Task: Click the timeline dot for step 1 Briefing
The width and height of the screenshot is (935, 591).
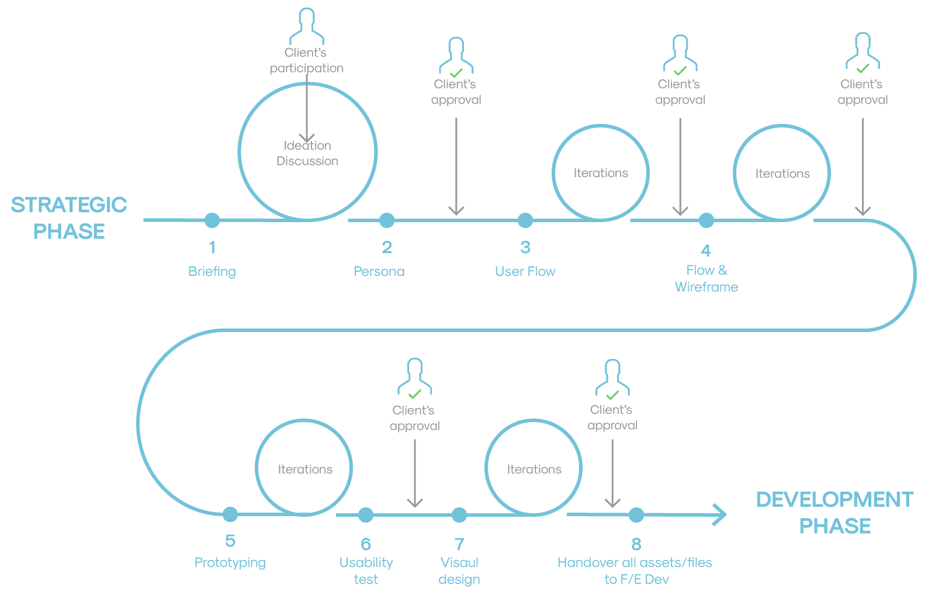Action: (x=212, y=220)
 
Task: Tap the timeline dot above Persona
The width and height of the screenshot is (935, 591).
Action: (x=387, y=220)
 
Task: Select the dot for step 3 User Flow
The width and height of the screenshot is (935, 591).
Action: (x=525, y=220)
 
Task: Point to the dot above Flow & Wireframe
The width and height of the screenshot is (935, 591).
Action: (x=707, y=220)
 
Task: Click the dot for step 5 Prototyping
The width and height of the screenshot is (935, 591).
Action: (x=230, y=514)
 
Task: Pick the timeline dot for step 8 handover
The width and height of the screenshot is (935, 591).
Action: (x=636, y=515)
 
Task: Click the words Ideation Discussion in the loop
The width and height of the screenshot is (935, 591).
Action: (x=307, y=153)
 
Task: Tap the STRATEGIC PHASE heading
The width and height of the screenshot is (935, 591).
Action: (x=69, y=218)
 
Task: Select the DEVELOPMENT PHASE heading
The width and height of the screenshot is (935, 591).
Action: (x=834, y=513)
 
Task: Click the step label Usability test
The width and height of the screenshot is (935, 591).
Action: (x=366, y=571)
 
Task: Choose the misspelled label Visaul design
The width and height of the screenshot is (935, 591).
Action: (x=459, y=571)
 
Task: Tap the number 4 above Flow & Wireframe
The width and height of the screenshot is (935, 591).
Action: (x=707, y=251)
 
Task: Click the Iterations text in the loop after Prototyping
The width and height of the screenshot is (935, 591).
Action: (x=305, y=469)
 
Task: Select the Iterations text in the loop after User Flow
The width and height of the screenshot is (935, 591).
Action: (x=601, y=173)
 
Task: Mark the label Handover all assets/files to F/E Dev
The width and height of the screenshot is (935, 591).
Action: (x=635, y=571)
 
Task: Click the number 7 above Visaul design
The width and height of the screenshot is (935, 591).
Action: (x=459, y=544)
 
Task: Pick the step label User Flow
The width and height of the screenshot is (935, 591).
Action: (x=525, y=271)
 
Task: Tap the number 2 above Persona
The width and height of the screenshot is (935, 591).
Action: (x=387, y=247)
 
